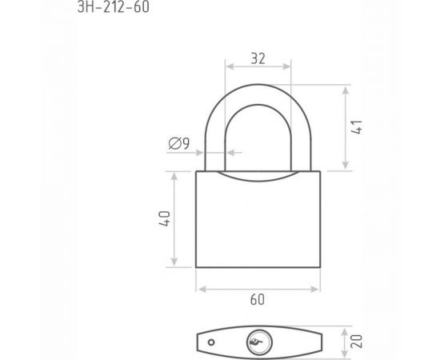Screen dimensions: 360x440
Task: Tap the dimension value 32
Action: pyautogui.click(x=257, y=58)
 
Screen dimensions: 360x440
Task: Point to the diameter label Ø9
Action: pyautogui.click(x=179, y=145)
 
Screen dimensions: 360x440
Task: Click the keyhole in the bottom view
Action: pyautogui.click(x=257, y=340)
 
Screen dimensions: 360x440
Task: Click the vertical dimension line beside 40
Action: pyautogui.click(x=173, y=219)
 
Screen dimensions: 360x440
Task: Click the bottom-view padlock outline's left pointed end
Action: pyautogui.click(x=197, y=340)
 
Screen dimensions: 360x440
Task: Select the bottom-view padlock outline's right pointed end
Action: pyautogui.click(x=320, y=340)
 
